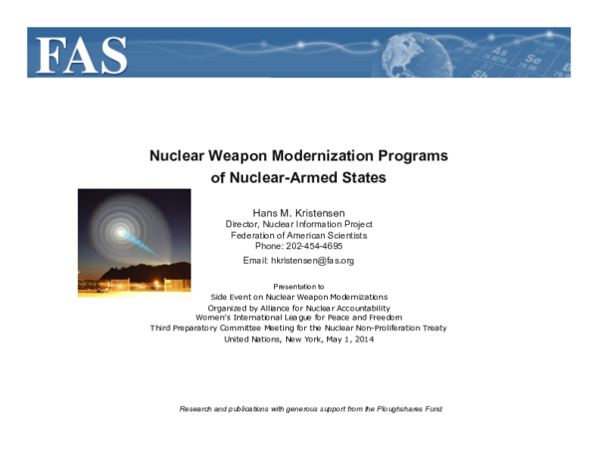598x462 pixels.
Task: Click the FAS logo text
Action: coord(83,55)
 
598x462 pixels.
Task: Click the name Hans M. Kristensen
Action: coord(298,212)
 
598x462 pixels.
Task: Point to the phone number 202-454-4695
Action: coord(314,246)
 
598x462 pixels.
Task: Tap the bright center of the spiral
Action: coord(121,233)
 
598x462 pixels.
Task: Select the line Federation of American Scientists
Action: coord(298,235)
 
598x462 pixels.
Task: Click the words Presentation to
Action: coord(298,286)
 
